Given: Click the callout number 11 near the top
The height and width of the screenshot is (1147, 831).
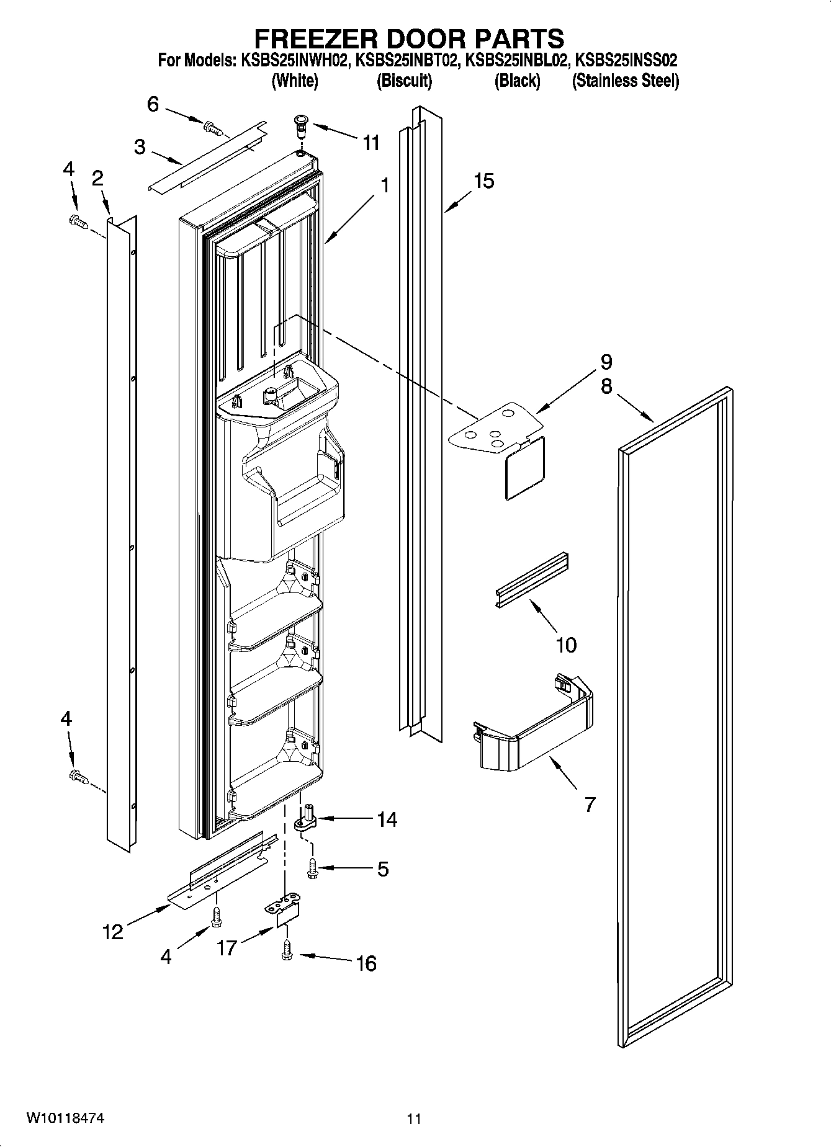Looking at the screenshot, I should tap(371, 143).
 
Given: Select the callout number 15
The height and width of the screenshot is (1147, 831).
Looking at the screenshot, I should tap(483, 181).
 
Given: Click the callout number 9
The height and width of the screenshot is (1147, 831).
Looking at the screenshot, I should tap(606, 362).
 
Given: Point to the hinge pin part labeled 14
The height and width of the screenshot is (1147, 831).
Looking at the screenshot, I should tap(305, 819).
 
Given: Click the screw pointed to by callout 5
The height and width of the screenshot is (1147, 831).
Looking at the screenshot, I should tap(312, 867).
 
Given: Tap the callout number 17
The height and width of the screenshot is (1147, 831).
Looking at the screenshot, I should tap(227, 948).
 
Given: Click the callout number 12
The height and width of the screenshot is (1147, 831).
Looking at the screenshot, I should tap(113, 931).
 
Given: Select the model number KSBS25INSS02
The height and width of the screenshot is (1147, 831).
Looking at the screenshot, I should tap(626, 61).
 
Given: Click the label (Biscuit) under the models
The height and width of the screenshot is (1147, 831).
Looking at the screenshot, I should tap(404, 81).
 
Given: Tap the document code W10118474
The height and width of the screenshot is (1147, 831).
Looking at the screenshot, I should tap(65, 1118).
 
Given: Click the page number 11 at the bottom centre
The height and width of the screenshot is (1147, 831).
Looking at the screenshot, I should tap(414, 1119).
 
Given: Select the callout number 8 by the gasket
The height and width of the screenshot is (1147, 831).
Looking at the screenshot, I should tap(606, 386).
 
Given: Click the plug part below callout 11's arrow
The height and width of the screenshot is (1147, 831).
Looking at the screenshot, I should tap(301, 127).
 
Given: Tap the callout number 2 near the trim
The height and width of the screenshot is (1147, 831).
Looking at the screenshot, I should tap(97, 179).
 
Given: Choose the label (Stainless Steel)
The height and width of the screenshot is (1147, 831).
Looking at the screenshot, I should tap(625, 81).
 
